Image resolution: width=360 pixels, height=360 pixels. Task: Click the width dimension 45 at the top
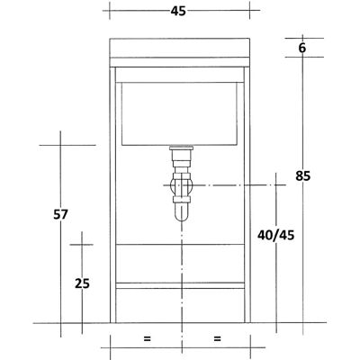tap(178, 11)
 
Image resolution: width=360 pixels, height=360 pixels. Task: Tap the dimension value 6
tap(302, 48)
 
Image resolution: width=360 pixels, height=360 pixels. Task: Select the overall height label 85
tap(302, 175)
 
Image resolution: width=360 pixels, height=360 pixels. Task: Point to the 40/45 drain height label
tap(276, 235)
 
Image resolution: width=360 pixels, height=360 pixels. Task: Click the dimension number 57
tap(60, 214)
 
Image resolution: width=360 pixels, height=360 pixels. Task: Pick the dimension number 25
tap(82, 283)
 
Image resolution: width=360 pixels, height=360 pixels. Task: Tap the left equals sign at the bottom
tap(147, 339)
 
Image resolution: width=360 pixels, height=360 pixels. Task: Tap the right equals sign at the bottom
tap(218, 339)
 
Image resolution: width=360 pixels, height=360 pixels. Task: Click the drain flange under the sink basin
tap(182, 148)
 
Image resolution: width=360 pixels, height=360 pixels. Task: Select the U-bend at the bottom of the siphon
tap(182, 212)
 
